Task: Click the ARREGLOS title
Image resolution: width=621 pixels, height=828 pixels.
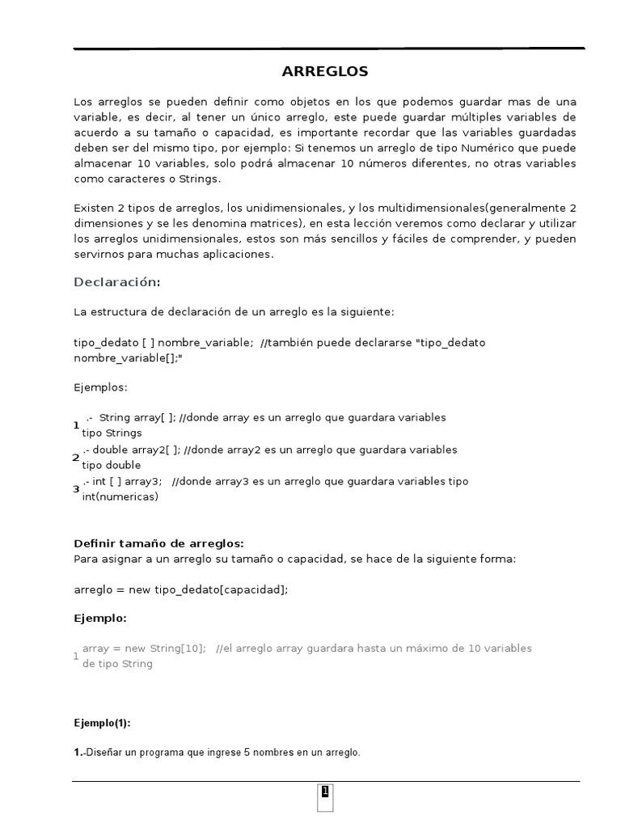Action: pyautogui.click(x=324, y=72)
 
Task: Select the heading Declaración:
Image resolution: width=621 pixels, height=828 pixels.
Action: pyautogui.click(x=117, y=282)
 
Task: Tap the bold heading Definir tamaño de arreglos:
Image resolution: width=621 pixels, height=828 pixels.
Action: pyautogui.click(x=158, y=543)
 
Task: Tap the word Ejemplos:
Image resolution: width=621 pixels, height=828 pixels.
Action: pyautogui.click(x=100, y=387)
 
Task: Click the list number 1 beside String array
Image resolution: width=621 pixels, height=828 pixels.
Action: pyautogui.click(x=76, y=425)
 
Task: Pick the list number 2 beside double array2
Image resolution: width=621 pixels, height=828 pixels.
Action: pyautogui.click(x=76, y=458)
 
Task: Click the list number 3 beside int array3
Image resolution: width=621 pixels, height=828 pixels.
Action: pyautogui.click(x=76, y=489)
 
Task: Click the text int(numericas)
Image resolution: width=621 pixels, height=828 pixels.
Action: pyautogui.click(x=120, y=497)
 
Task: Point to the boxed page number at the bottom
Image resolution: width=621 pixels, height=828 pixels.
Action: pyautogui.click(x=324, y=792)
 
